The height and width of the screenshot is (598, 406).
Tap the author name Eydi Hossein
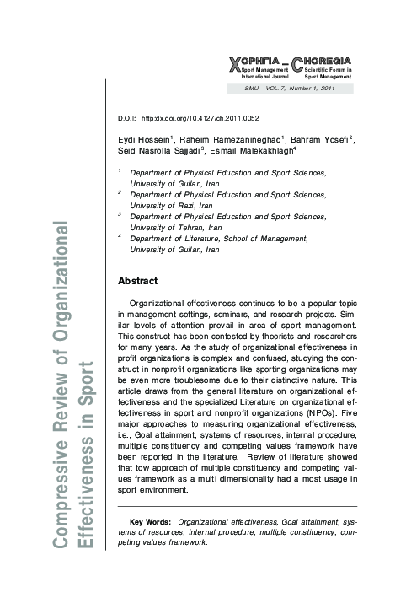click(144, 139)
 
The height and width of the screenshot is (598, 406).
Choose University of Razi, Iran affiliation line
click(171, 205)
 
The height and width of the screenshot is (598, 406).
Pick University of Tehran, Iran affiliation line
click(176, 228)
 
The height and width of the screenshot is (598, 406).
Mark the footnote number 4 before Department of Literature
click(120, 238)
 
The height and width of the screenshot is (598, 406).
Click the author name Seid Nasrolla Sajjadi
click(164, 152)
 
